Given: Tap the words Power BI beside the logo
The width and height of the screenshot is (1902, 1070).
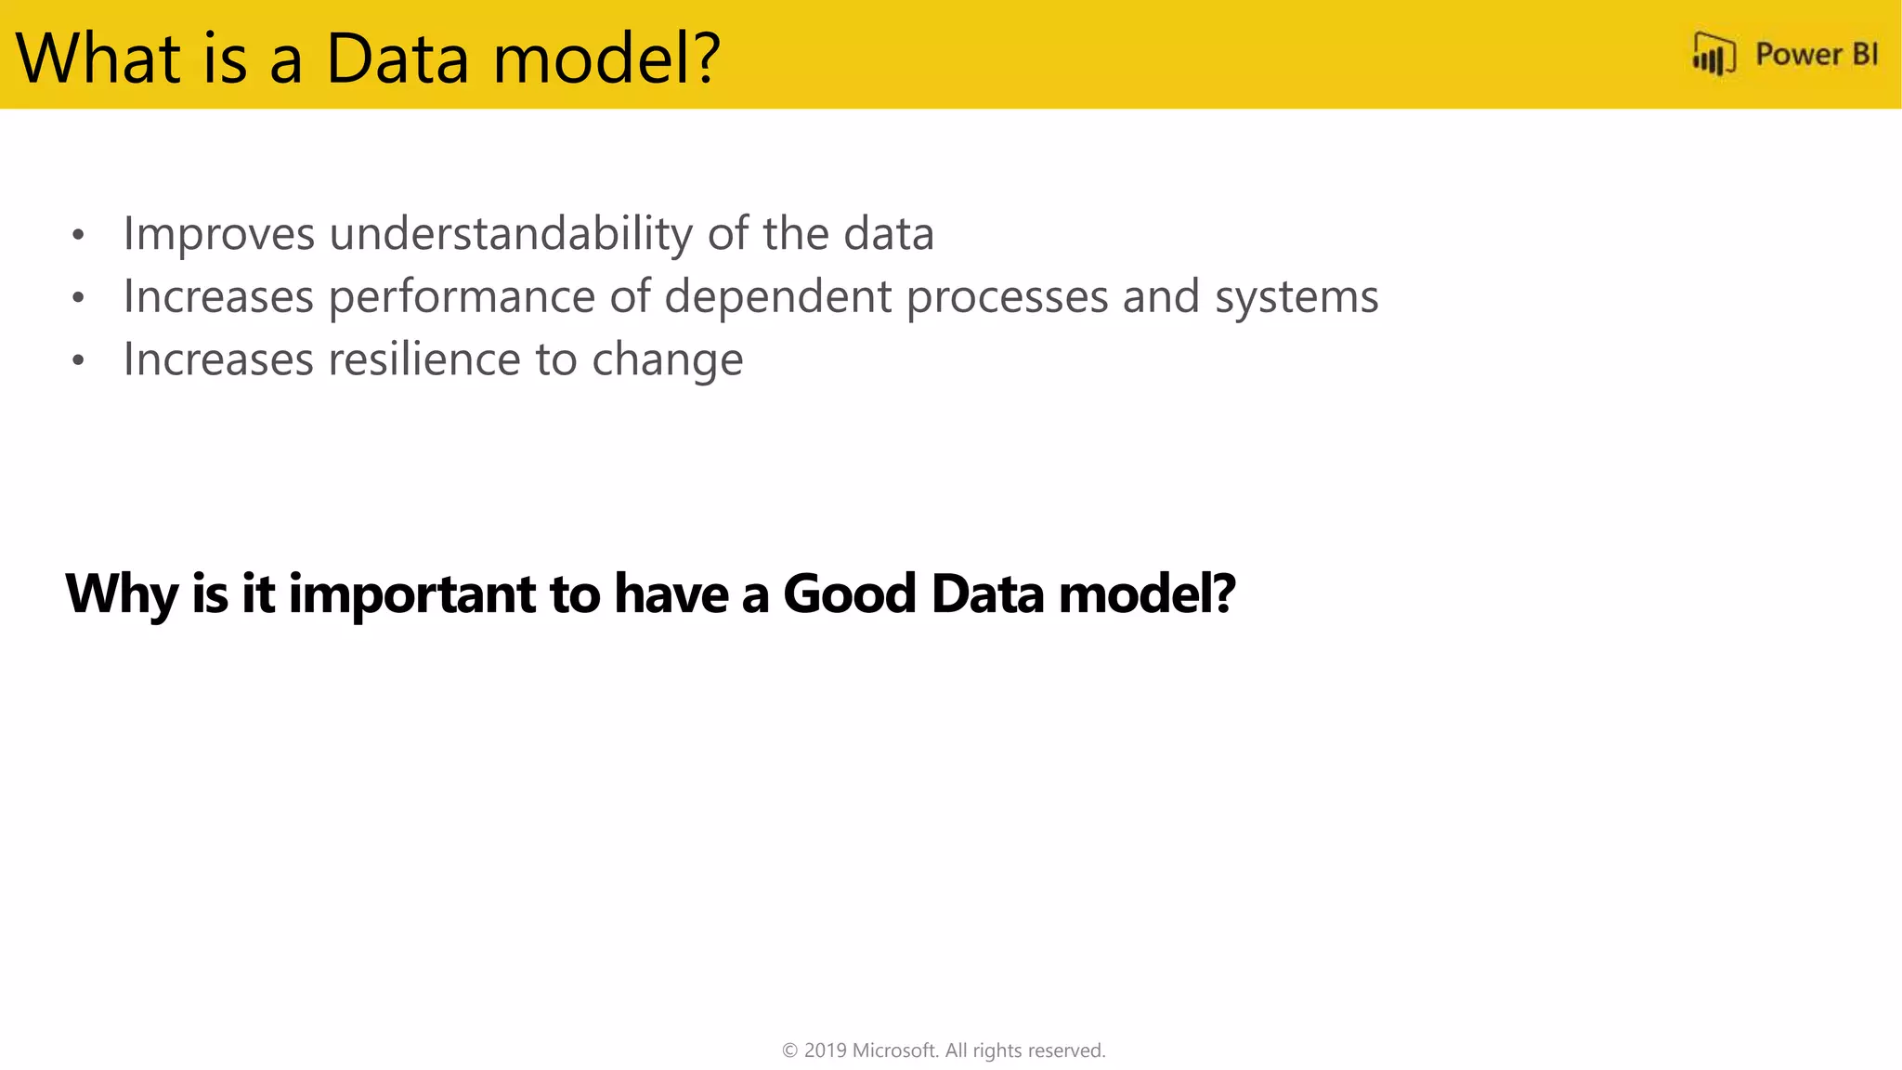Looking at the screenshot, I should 1816,55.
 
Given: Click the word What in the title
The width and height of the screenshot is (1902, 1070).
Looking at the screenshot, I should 98,59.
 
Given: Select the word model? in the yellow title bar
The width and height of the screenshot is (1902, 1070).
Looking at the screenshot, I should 606,59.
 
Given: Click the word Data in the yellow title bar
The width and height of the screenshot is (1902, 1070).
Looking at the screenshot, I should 397,59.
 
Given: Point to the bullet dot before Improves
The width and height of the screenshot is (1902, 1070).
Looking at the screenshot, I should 79,235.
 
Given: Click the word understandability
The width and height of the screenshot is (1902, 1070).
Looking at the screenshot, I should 510,233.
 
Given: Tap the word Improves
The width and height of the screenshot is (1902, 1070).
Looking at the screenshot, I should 219,233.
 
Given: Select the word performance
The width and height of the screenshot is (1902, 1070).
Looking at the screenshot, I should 462,297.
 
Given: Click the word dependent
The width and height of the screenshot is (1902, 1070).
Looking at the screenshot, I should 777,297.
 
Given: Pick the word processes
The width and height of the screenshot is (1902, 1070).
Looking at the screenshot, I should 1007,297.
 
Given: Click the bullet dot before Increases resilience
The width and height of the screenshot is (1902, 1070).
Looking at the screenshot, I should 79,360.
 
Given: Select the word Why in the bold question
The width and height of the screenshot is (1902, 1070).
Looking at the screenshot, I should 121,594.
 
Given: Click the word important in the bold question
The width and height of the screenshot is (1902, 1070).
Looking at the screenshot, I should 411,594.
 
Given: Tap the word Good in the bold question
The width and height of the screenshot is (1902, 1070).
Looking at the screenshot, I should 850,594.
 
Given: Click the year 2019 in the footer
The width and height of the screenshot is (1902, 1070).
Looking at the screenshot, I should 825,1050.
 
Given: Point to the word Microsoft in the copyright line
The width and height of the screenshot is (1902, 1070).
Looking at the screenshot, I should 894,1050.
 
